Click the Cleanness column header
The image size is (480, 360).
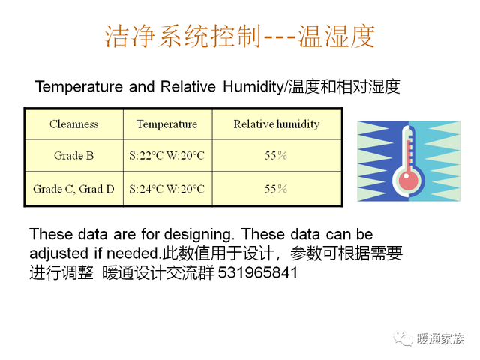74,124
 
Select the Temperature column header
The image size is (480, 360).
166,124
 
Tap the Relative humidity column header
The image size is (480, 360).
277,124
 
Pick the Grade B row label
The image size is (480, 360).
73,155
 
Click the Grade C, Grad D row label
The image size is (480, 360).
73,189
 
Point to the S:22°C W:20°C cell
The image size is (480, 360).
166,156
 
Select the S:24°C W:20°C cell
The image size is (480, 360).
166,189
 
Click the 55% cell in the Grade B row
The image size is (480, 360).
276,155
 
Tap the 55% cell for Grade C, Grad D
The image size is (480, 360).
276,189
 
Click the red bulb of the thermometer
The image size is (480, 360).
408,180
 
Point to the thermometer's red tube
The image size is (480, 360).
408,156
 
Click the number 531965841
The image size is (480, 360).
258,272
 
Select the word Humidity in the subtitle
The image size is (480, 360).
253,87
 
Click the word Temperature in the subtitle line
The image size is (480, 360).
79,87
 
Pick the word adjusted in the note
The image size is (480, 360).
58,253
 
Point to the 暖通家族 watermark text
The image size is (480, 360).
441,338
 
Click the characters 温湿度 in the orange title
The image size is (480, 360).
337,37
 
